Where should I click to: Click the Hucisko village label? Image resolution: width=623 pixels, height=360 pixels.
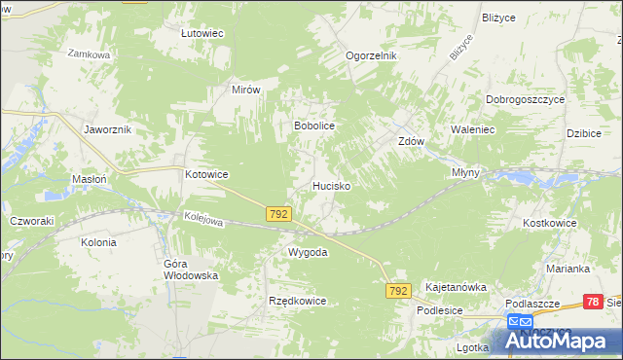tap(331, 184)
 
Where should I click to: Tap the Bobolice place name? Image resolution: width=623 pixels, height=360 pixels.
tap(314, 126)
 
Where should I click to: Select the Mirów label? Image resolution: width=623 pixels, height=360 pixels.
tap(246, 89)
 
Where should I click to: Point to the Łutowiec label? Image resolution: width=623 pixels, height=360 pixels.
tap(202, 33)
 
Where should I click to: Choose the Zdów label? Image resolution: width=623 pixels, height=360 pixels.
tap(412, 140)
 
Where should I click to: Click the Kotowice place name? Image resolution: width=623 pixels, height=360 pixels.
tap(206, 174)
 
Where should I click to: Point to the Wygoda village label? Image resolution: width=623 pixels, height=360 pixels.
tap(307, 252)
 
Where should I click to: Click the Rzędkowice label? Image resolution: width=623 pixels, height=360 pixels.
tap(297, 301)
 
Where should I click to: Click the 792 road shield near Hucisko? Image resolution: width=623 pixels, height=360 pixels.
tap(278, 212)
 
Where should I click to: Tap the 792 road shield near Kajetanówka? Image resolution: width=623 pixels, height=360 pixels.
tap(397, 291)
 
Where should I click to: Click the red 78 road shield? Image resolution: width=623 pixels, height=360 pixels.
tap(593, 303)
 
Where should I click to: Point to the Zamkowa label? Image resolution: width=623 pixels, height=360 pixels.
tap(88, 55)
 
